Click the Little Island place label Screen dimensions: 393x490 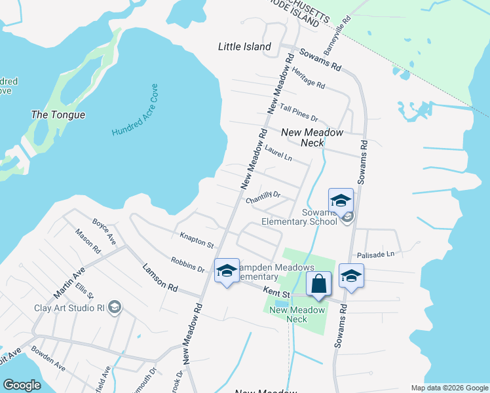click(244, 47)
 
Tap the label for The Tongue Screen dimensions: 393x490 click(58, 115)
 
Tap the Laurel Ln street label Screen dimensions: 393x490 click(278, 153)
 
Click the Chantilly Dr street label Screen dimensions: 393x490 click(263, 197)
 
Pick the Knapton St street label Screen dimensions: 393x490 click(197, 239)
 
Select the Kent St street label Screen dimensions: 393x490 click(277, 290)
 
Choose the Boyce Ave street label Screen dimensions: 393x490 click(104, 232)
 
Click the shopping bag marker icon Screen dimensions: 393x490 click(318, 284)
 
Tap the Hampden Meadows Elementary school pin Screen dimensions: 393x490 click(227, 271)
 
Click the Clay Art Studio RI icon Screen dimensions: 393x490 click(114, 307)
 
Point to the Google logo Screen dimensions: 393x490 click(22, 385)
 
